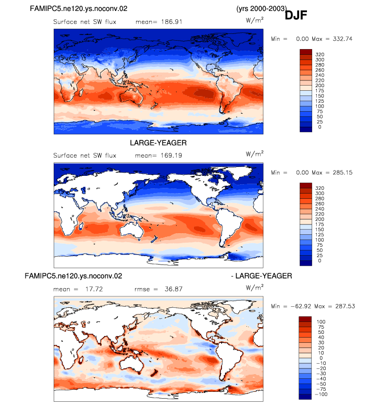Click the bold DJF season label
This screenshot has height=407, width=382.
(295, 15)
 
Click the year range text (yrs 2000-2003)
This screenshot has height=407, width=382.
(261, 8)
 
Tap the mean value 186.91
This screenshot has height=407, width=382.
(171, 22)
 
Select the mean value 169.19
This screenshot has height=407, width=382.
(171, 155)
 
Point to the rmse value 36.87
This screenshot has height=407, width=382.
(174, 289)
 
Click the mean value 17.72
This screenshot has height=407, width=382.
(94, 289)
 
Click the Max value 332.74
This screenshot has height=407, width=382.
(342, 39)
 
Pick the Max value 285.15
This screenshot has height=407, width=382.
(342, 173)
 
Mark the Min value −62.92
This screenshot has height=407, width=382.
(301, 306)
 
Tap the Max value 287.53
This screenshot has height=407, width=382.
(345, 306)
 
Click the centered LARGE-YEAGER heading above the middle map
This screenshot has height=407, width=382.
(158, 143)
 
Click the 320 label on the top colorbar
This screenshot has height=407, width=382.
(319, 54)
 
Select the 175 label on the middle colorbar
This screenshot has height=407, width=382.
(319, 224)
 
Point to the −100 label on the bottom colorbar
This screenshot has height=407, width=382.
(321, 394)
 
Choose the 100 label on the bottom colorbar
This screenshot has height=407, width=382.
(321, 322)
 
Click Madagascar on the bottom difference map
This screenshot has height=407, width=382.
(81, 360)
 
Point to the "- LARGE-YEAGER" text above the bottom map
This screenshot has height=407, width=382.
(262, 276)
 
